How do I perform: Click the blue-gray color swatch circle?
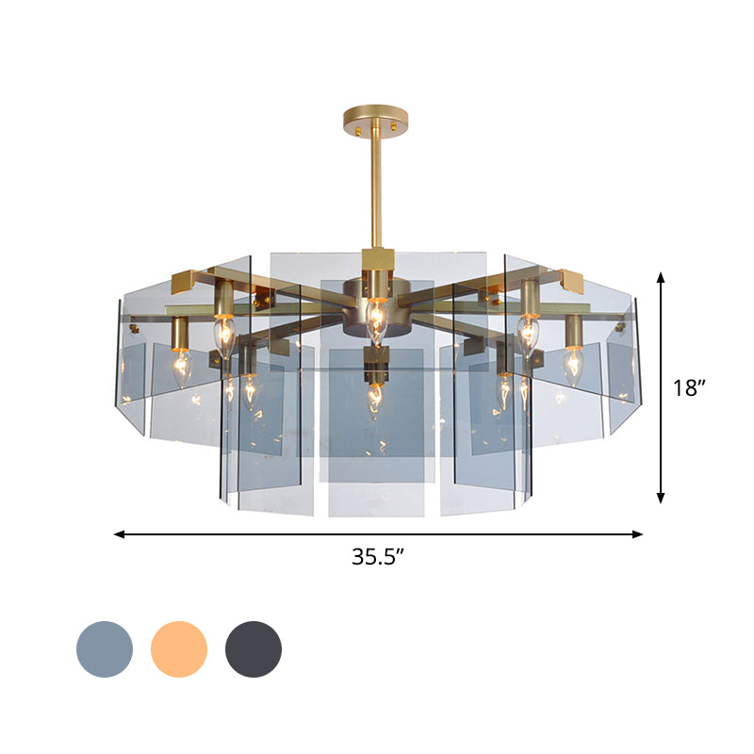point(104,648)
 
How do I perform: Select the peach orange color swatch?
point(179,648)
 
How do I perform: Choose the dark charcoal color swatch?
point(254,648)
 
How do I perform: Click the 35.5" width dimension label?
point(378,556)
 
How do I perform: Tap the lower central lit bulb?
point(374,399)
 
